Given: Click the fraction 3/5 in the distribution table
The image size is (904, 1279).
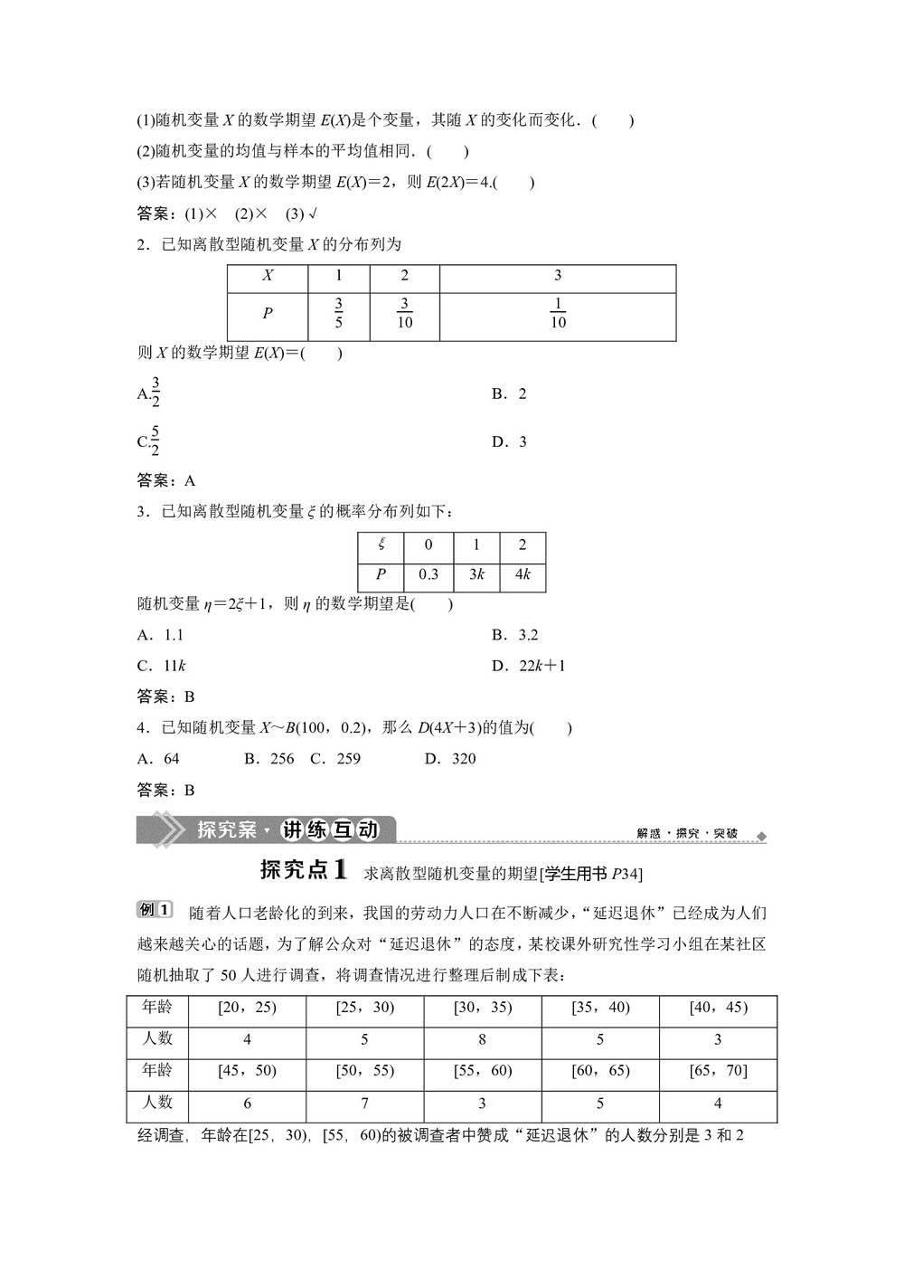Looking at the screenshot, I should pyautogui.click(x=338, y=313).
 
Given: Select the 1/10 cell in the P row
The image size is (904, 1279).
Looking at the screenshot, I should pyautogui.click(x=558, y=313).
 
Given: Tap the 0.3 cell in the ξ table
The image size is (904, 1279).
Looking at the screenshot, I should pyautogui.click(x=428, y=574).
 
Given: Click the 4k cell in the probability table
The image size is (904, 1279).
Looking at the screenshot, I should pyautogui.click(x=522, y=574).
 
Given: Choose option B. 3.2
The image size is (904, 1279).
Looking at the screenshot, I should pyautogui.click(x=515, y=635).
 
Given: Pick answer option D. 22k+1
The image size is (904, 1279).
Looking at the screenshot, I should pyautogui.click(x=529, y=666).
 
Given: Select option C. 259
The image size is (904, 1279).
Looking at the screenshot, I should pyautogui.click(x=335, y=759).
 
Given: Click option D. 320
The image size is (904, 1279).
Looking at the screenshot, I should pyautogui.click(x=450, y=759).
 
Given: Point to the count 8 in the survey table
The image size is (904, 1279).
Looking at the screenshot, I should pyautogui.click(x=482, y=1040).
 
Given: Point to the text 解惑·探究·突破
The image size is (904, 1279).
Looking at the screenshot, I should pyautogui.click(x=687, y=833).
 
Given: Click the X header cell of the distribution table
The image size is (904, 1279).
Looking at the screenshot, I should pyautogui.click(x=268, y=276).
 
